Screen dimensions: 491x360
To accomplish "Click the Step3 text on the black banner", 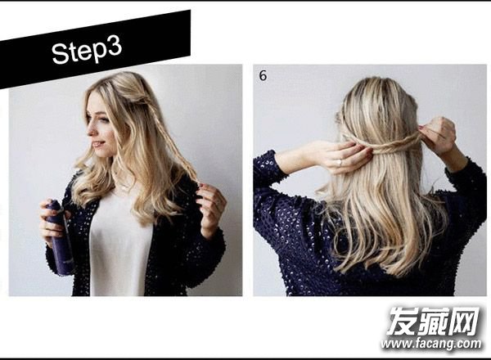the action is point(87,51).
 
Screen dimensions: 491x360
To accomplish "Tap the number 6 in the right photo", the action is point(263,75).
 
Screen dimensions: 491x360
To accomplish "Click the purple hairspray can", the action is point(61,238).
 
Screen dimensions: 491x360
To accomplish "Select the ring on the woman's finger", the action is point(340,163).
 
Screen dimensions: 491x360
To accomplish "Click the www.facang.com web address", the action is point(431,344).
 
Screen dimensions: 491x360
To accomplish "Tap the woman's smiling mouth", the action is point(98,145).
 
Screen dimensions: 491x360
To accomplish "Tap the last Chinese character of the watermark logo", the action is point(464,322).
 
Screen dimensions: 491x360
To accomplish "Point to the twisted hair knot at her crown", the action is point(142,100).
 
